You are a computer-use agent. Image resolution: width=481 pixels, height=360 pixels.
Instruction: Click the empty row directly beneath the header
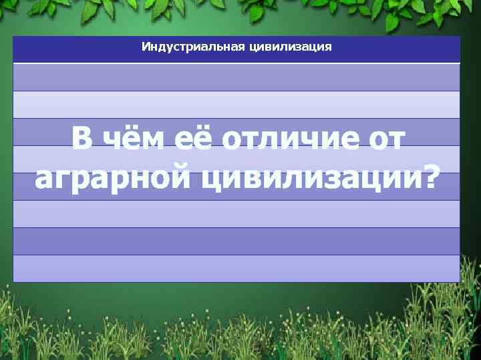[236, 77]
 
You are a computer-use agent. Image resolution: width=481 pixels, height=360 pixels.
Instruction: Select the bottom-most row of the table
[236, 268]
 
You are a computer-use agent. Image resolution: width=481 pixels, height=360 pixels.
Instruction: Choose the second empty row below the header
[236, 104]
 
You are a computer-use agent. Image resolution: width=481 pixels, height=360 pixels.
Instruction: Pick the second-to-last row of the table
[236, 241]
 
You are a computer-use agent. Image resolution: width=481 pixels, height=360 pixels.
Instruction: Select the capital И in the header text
[145, 47]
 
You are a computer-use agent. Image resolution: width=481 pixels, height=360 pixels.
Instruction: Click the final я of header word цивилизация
[328, 48]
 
